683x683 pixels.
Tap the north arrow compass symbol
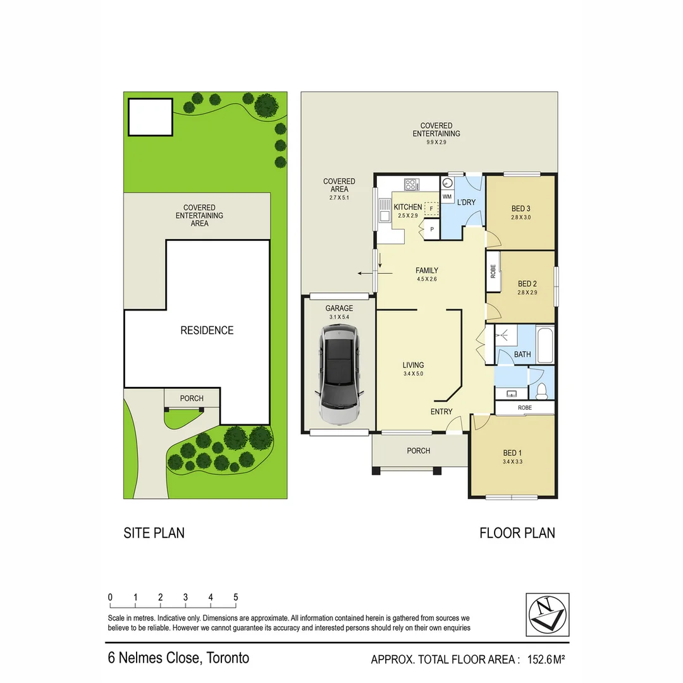(547, 614)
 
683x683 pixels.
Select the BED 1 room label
(513, 453)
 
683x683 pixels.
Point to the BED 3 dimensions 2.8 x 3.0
(520, 218)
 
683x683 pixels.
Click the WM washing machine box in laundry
(447, 197)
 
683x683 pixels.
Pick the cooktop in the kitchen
(412, 185)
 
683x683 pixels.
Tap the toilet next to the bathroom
(541, 389)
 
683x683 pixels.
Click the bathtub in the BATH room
(544, 345)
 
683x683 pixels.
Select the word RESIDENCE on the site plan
(207, 330)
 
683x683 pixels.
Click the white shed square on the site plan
(150, 118)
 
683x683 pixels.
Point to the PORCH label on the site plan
(192, 398)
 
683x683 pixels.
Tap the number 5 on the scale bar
(235, 597)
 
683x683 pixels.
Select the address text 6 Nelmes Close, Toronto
(178, 658)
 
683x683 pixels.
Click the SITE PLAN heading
(154, 532)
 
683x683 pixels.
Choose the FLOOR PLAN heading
(517, 532)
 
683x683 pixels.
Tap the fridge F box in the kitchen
(431, 208)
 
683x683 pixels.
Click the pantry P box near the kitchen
(433, 229)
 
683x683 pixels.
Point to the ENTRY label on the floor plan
(441, 412)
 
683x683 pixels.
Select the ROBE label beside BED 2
(493, 271)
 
